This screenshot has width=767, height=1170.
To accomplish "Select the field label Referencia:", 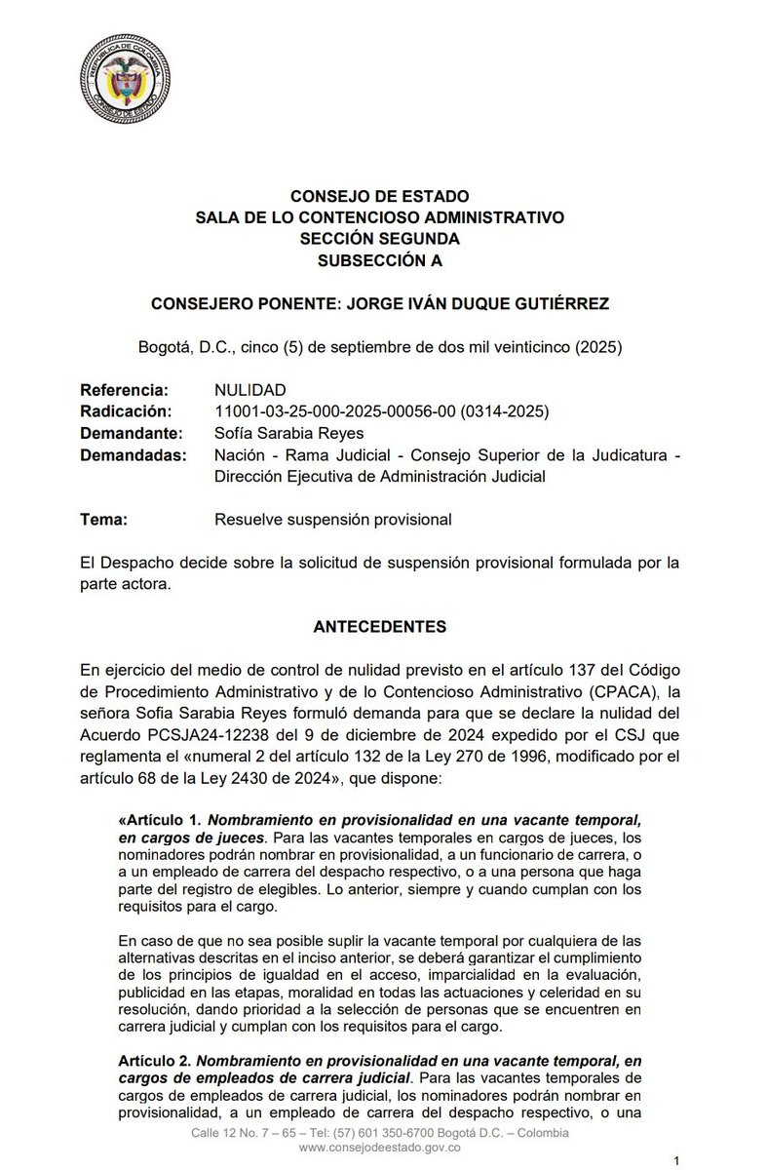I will [x=125, y=390].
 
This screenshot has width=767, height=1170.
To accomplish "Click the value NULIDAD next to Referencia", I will [x=250, y=390].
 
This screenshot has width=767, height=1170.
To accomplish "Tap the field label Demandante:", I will [x=130, y=433].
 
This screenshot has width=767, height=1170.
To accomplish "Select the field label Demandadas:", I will [x=133, y=454].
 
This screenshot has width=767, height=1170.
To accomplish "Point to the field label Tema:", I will [x=104, y=519].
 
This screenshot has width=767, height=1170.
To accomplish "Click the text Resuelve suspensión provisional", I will [x=332, y=519].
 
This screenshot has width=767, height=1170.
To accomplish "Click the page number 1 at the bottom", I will [x=675, y=1160].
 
